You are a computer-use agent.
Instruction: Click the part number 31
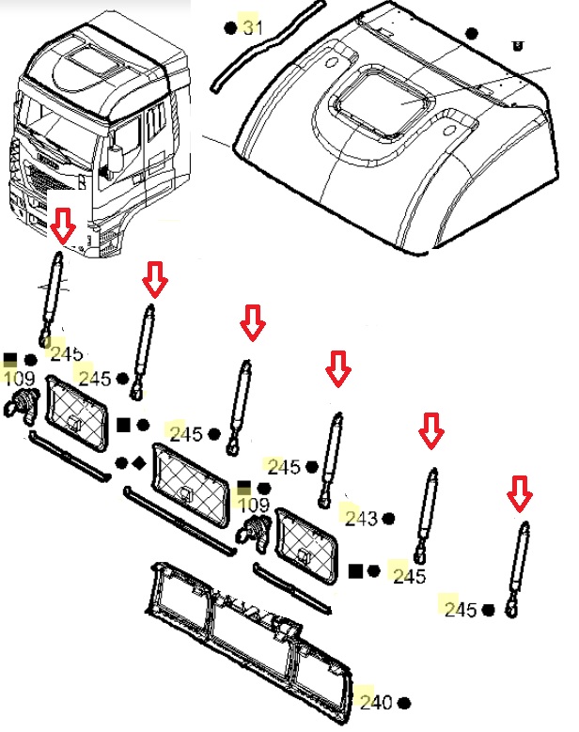[x=253, y=27]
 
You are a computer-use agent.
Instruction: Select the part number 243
[x=361, y=518]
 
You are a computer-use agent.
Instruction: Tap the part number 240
[x=376, y=702]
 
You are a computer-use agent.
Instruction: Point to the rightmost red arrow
[x=520, y=493]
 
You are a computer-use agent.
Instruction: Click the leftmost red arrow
[x=63, y=226]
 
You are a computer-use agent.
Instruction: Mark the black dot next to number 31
[x=230, y=28]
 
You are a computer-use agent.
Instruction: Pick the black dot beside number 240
[x=404, y=703]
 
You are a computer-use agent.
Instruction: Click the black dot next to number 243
[x=388, y=518]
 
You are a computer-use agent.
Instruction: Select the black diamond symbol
[x=139, y=463]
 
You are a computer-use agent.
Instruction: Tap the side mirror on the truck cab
[x=115, y=158]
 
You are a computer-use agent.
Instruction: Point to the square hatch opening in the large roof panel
[x=383, y=102]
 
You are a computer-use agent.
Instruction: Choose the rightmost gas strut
[x=518, y=569]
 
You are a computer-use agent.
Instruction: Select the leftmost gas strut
[x=51, y=300]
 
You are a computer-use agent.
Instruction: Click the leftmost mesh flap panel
[x=75, y=413]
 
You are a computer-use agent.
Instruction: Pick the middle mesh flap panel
[x=190, y=486]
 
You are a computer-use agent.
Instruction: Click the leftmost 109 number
[x=19, y=378]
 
